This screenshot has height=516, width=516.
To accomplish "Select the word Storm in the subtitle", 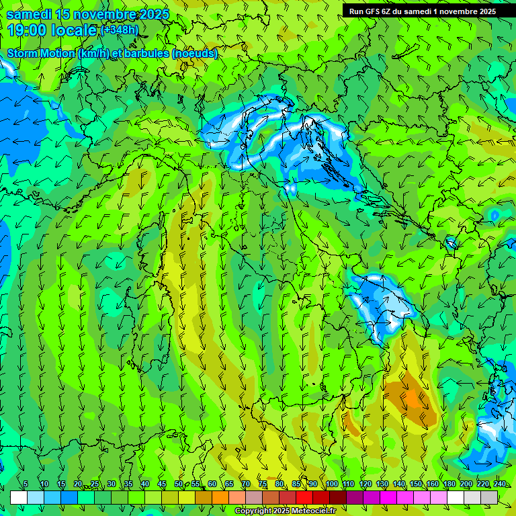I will click(24, 53).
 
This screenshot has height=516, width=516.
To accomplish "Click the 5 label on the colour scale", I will click(26, 484).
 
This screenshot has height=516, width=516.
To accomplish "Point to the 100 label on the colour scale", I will click(331, 484).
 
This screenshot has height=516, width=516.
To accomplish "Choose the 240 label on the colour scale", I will click(500, 484).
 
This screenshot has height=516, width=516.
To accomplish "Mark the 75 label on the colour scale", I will click(263, 484).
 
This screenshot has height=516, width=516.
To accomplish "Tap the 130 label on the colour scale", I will click(382, 484).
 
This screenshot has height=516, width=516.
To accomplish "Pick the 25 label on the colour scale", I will click(95, 484).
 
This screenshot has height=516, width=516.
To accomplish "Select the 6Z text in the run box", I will click(387, 11).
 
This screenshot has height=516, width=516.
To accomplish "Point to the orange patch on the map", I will click(410, 396).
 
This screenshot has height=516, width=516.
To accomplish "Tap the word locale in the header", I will click(73, 30).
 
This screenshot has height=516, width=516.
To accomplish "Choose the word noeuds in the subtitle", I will click(196, 53).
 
